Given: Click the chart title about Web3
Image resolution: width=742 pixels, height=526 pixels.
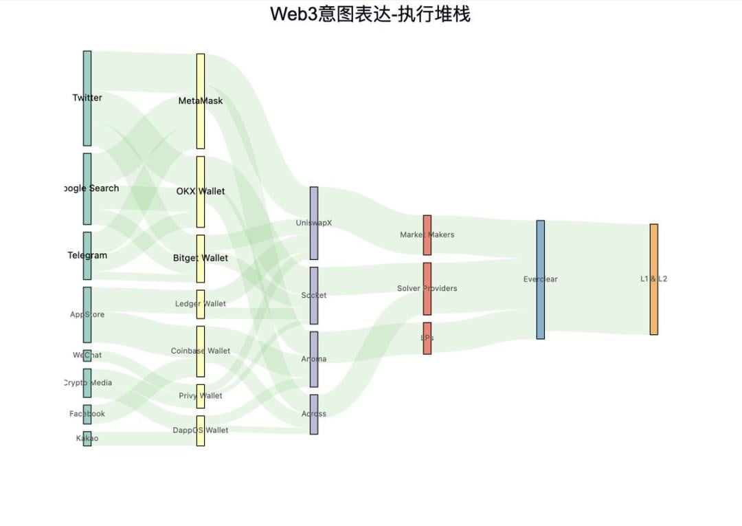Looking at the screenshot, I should click(x=370, y=14).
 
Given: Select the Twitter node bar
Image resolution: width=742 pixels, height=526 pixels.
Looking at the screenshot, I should click(x=87, y=98).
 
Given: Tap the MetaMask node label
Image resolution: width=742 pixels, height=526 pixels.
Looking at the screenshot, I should click(x=201, y=101).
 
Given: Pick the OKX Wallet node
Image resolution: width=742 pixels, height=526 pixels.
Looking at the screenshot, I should click(x=201, y=191).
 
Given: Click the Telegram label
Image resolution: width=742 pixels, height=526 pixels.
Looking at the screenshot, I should click(x=87, y=255).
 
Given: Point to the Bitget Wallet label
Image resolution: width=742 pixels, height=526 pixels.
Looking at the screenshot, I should click(x=201, y=258).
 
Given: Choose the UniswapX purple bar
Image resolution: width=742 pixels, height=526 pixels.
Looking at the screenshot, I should click(x=314, y=223).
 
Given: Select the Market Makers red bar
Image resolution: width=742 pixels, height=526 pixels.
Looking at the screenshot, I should click(x=427, y=234).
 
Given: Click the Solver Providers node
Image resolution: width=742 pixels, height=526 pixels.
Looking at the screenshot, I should click(x=427, y=288).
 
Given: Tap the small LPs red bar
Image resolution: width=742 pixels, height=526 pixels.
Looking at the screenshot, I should click(x=427, y=338).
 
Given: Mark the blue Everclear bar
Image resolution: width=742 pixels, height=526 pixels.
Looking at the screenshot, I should click(x=541, y=279).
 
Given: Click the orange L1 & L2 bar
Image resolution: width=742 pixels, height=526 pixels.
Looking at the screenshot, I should click(x=654, y=279).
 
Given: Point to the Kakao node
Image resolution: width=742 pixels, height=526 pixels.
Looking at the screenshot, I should click(x=87, y=439).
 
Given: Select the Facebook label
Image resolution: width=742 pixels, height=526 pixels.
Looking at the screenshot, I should click(x=87, y=414).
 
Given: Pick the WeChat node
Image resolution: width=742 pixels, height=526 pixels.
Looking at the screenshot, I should click(x=87, y=355).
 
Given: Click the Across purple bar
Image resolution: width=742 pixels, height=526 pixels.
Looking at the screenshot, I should click(x=314, y=414).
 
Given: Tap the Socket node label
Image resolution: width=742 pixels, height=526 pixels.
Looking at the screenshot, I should click(x=314, y=296).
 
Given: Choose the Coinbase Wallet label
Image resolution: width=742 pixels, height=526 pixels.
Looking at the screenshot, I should click(x=201, y=351).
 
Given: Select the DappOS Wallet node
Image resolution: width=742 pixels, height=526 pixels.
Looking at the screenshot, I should click(x=201, y=430).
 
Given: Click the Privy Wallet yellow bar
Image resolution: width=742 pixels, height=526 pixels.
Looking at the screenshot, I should click(x=201, y=396).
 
